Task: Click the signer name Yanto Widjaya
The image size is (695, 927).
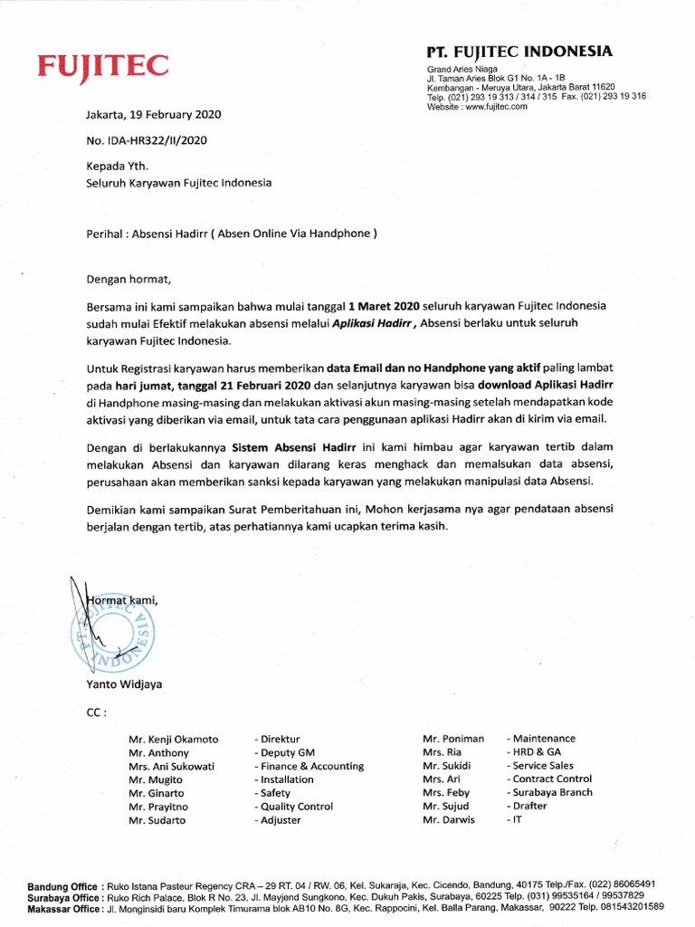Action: (x=126, y=684)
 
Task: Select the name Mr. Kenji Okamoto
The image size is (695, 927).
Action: (x=173, y=739)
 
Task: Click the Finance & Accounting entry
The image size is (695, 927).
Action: (x=309, y=766)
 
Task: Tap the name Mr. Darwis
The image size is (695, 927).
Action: (x=449, y=820)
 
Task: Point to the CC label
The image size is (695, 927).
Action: (x=96, y=712)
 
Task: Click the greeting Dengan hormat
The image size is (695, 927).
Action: (x=129, y=278)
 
